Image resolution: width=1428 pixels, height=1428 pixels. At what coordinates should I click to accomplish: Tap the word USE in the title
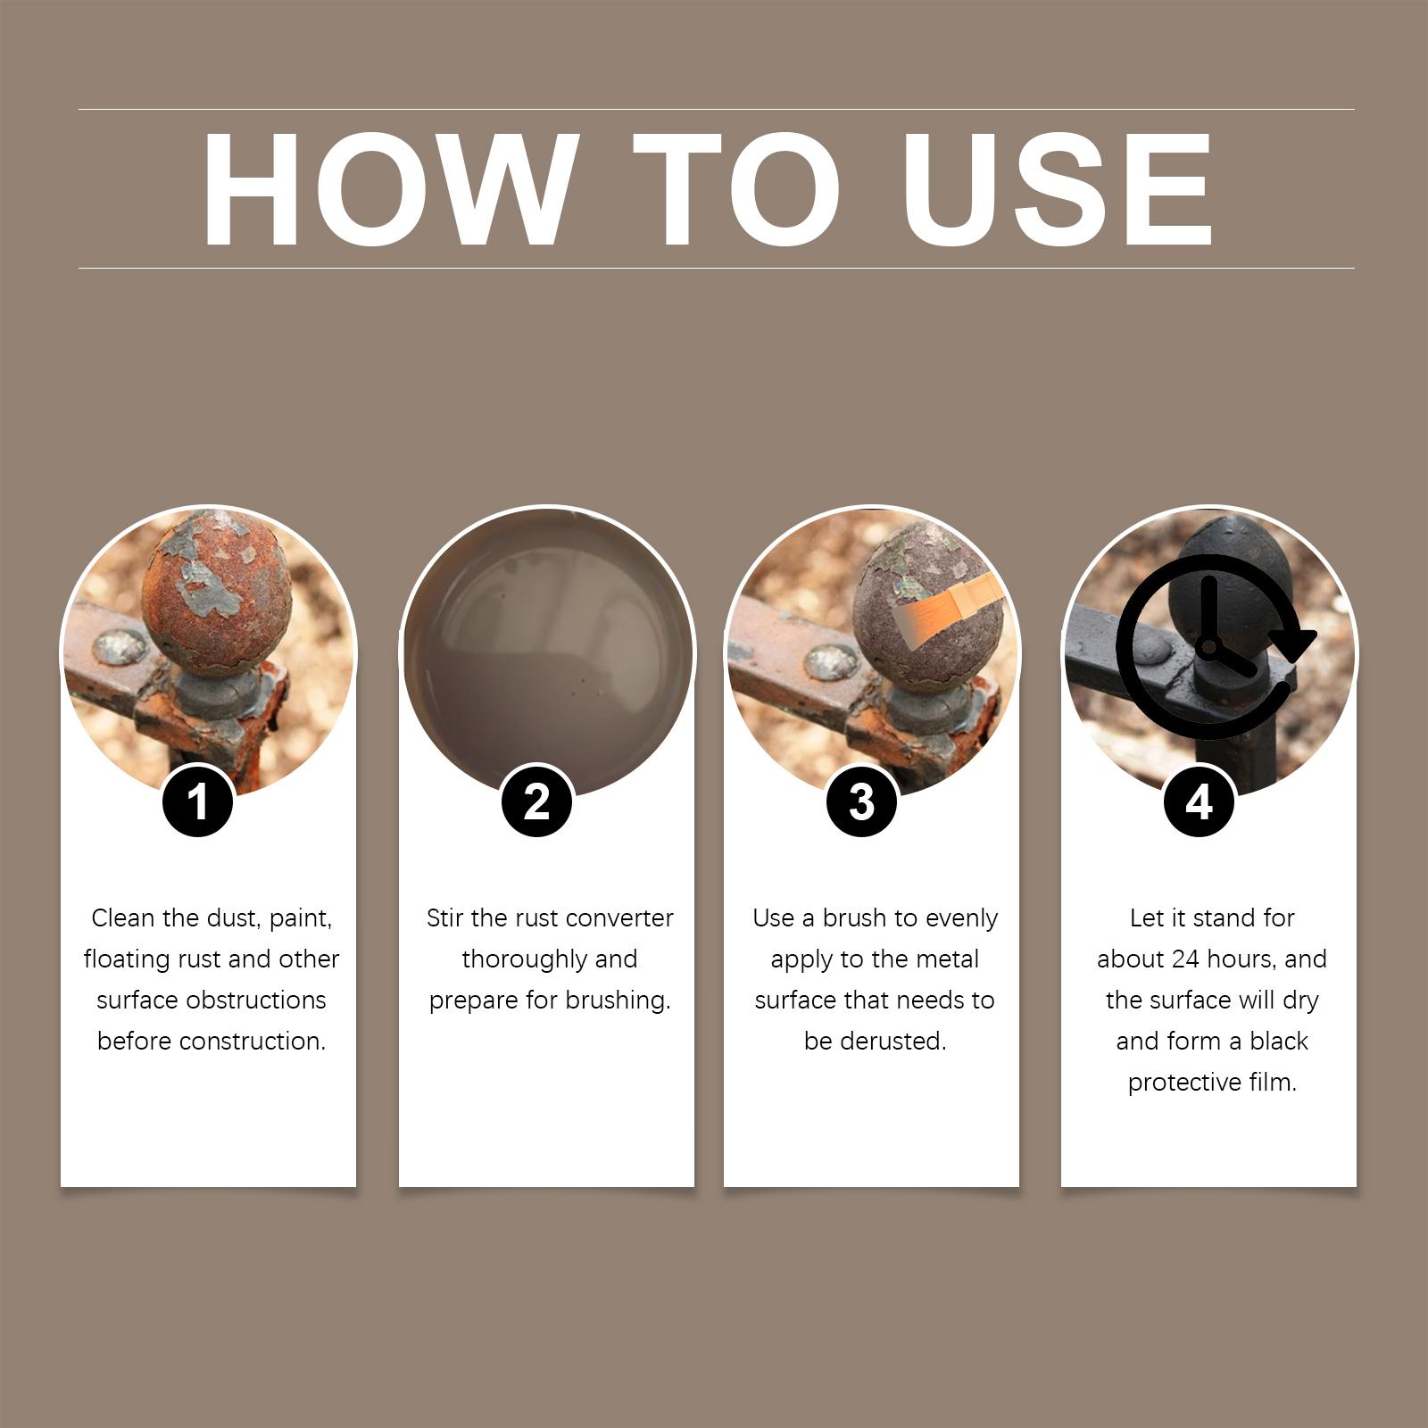pyautogui.click(x=1058, y=189)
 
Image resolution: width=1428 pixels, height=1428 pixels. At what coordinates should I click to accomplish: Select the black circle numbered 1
pyautogui.click(x=198, y=801)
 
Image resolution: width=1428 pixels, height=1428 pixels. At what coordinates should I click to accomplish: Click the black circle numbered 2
pyautogui.click(x=536, y=801)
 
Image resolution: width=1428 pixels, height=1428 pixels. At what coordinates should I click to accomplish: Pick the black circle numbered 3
pyautogui.click(x=861, y=801)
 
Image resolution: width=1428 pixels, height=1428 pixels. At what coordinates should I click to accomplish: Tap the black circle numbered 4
pyautogui.click(x=1200, y=801)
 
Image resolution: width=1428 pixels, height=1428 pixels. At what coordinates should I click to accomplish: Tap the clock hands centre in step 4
pyautogui.click(x=1209, y=644)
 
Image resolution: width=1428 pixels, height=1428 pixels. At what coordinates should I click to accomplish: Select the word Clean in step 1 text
pyautogui.click(x=123, y=917)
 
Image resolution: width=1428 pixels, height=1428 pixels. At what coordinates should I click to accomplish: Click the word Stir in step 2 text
pyautogui.click(x=444, y=917)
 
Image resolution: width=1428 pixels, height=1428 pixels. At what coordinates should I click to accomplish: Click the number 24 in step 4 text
pyautogui.click(x=1186, y=959)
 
